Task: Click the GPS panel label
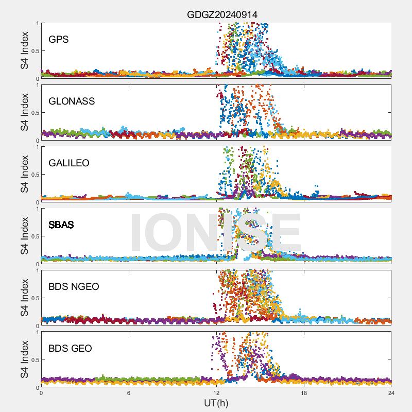pyautogui.click(x=59, y=39)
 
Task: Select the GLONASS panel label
pyautogui.click(x=72, y=101)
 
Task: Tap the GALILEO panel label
pyautogui.click(x=69, y=163)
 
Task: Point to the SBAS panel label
pyautogui.click(x=61, y=225)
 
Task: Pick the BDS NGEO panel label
pyautogui.click(x=73, y=286)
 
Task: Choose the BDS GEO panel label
pyautogui.click(x=70, y=348)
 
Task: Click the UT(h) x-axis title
pyautogui.click(x=216, y=403)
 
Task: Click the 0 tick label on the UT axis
pyautogui.click(x=41, y=393)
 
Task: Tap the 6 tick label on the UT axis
pyautogui.click(x=129, y=393)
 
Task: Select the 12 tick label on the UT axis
pyautogui.click(x=216, y=393)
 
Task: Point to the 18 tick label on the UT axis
pyautogui.click(x=304, y=393)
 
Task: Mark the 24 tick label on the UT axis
pyautogui.click(x=391, y=393)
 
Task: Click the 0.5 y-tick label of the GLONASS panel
pyautogui.click(x=34, y=112)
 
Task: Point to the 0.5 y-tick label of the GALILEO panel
pyautogui.click(x=34, y=174)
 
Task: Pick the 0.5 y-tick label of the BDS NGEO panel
pyautogui.click(x=34, y=298)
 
